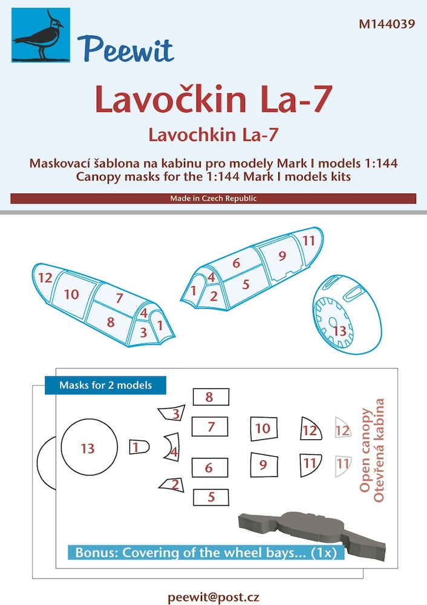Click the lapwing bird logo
point(39,37)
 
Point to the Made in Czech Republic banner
point(213,198)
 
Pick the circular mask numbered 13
point(88,448)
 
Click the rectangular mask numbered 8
point(210,397)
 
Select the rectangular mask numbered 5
point(211,497)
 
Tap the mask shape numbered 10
point(262,428)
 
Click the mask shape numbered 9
point(262,465)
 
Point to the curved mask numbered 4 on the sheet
point(172,452)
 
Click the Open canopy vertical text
point(365,450)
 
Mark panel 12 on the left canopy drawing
point(45,279)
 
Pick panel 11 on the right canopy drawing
point(308,240)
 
